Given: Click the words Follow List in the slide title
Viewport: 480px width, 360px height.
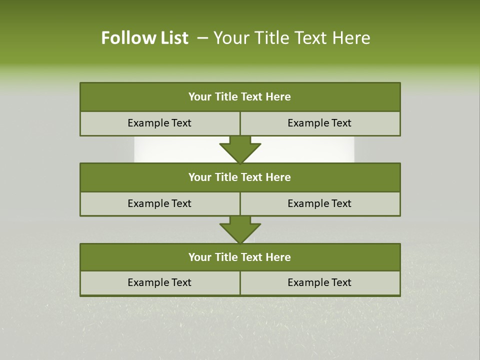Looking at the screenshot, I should click(144, 38).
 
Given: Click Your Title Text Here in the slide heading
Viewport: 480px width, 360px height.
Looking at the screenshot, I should click(291, 38).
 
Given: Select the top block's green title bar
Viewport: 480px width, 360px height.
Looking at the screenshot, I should click(240, 97).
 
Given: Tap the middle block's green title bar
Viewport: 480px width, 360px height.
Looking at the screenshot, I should click(240, 177).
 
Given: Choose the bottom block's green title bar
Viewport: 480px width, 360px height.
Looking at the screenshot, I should click(240, 257).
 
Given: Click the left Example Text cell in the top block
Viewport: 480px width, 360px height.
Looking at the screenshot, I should click(159, 123).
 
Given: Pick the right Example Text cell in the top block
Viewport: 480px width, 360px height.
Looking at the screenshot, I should click(319, 123).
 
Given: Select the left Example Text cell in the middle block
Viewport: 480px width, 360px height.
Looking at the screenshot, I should click(159, 203).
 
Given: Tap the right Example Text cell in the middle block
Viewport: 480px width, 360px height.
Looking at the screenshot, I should click(319, 203).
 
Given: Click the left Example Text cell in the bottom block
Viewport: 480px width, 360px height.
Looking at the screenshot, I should click(159, 282).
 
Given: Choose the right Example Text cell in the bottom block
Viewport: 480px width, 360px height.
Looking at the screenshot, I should click(319, 282).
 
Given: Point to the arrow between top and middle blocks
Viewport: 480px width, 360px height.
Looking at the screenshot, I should click(240, 149).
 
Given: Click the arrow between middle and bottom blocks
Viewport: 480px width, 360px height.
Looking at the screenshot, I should click(240, 229).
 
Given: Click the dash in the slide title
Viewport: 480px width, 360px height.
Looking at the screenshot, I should click(202, 38).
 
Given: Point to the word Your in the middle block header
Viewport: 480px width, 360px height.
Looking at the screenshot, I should click(200, 177).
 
